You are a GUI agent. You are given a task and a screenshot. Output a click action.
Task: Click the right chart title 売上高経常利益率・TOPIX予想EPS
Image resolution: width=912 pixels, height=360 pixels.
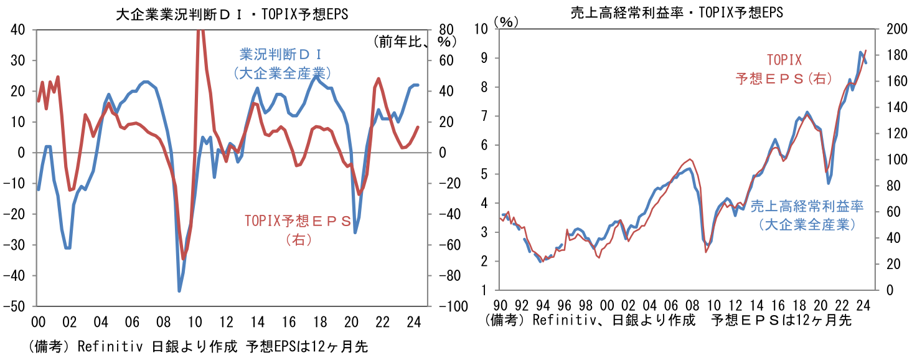677,12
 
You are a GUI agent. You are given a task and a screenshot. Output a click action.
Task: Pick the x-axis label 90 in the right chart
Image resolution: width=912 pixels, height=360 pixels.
500,306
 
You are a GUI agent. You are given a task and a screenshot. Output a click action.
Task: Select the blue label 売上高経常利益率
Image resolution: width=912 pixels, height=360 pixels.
807,206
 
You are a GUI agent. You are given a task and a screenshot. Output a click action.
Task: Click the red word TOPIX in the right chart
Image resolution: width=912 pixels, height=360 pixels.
784,60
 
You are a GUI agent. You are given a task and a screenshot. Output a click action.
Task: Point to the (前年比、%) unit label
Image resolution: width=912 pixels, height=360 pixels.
415,42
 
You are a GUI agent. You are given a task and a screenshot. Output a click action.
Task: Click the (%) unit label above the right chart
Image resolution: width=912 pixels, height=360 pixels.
506,21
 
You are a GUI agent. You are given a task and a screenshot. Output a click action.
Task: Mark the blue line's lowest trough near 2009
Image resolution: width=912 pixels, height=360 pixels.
179,290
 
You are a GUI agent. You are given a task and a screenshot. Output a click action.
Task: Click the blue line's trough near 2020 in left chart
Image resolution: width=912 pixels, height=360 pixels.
355,232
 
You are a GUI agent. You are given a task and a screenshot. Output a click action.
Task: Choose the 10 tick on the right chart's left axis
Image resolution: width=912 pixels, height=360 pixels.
481,29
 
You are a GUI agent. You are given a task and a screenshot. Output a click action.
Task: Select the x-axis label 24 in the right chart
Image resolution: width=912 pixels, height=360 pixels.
863,306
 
